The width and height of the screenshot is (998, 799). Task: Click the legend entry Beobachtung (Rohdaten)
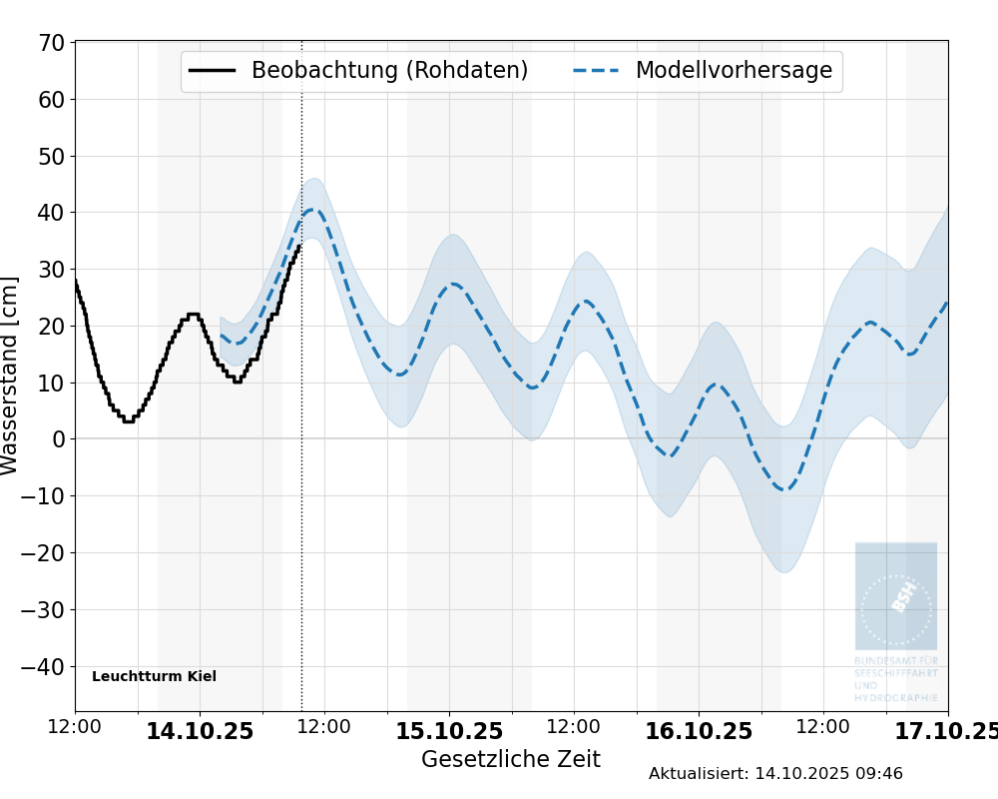click(x=389, y=71)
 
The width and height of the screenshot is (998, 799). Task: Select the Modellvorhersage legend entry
click(x=734, y=71)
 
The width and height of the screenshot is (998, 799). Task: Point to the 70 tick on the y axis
click(x=52, y=43)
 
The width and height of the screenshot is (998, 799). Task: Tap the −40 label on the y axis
click(x=44, y=666)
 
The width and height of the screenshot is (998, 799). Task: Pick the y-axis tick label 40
click(x=52, y=213)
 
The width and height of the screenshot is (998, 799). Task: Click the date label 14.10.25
click(x=200, y=731)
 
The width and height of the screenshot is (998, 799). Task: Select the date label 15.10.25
click(x=449, y=731)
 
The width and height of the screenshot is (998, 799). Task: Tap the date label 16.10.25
click(x=699, y=731)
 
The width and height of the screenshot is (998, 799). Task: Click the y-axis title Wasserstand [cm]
click(x=10, y=376)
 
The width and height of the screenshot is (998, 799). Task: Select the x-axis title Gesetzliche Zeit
click(x=511, y=759)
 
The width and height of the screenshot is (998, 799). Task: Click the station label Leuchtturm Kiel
click(x=154, y=676)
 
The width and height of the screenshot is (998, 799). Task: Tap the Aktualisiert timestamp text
click(x=775, y=773)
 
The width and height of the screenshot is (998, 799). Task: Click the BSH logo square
click(x=895, y=596)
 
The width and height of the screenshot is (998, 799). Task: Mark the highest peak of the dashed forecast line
click(x=310, y=210)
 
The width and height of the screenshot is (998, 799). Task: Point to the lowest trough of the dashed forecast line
click(x=785, y=489)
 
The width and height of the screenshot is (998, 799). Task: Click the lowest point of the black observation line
click(x=128, y=421)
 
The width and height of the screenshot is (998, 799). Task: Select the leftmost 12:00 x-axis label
click(x=75, y=727)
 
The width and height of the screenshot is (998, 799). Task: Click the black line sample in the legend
click(x=213, y=71)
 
